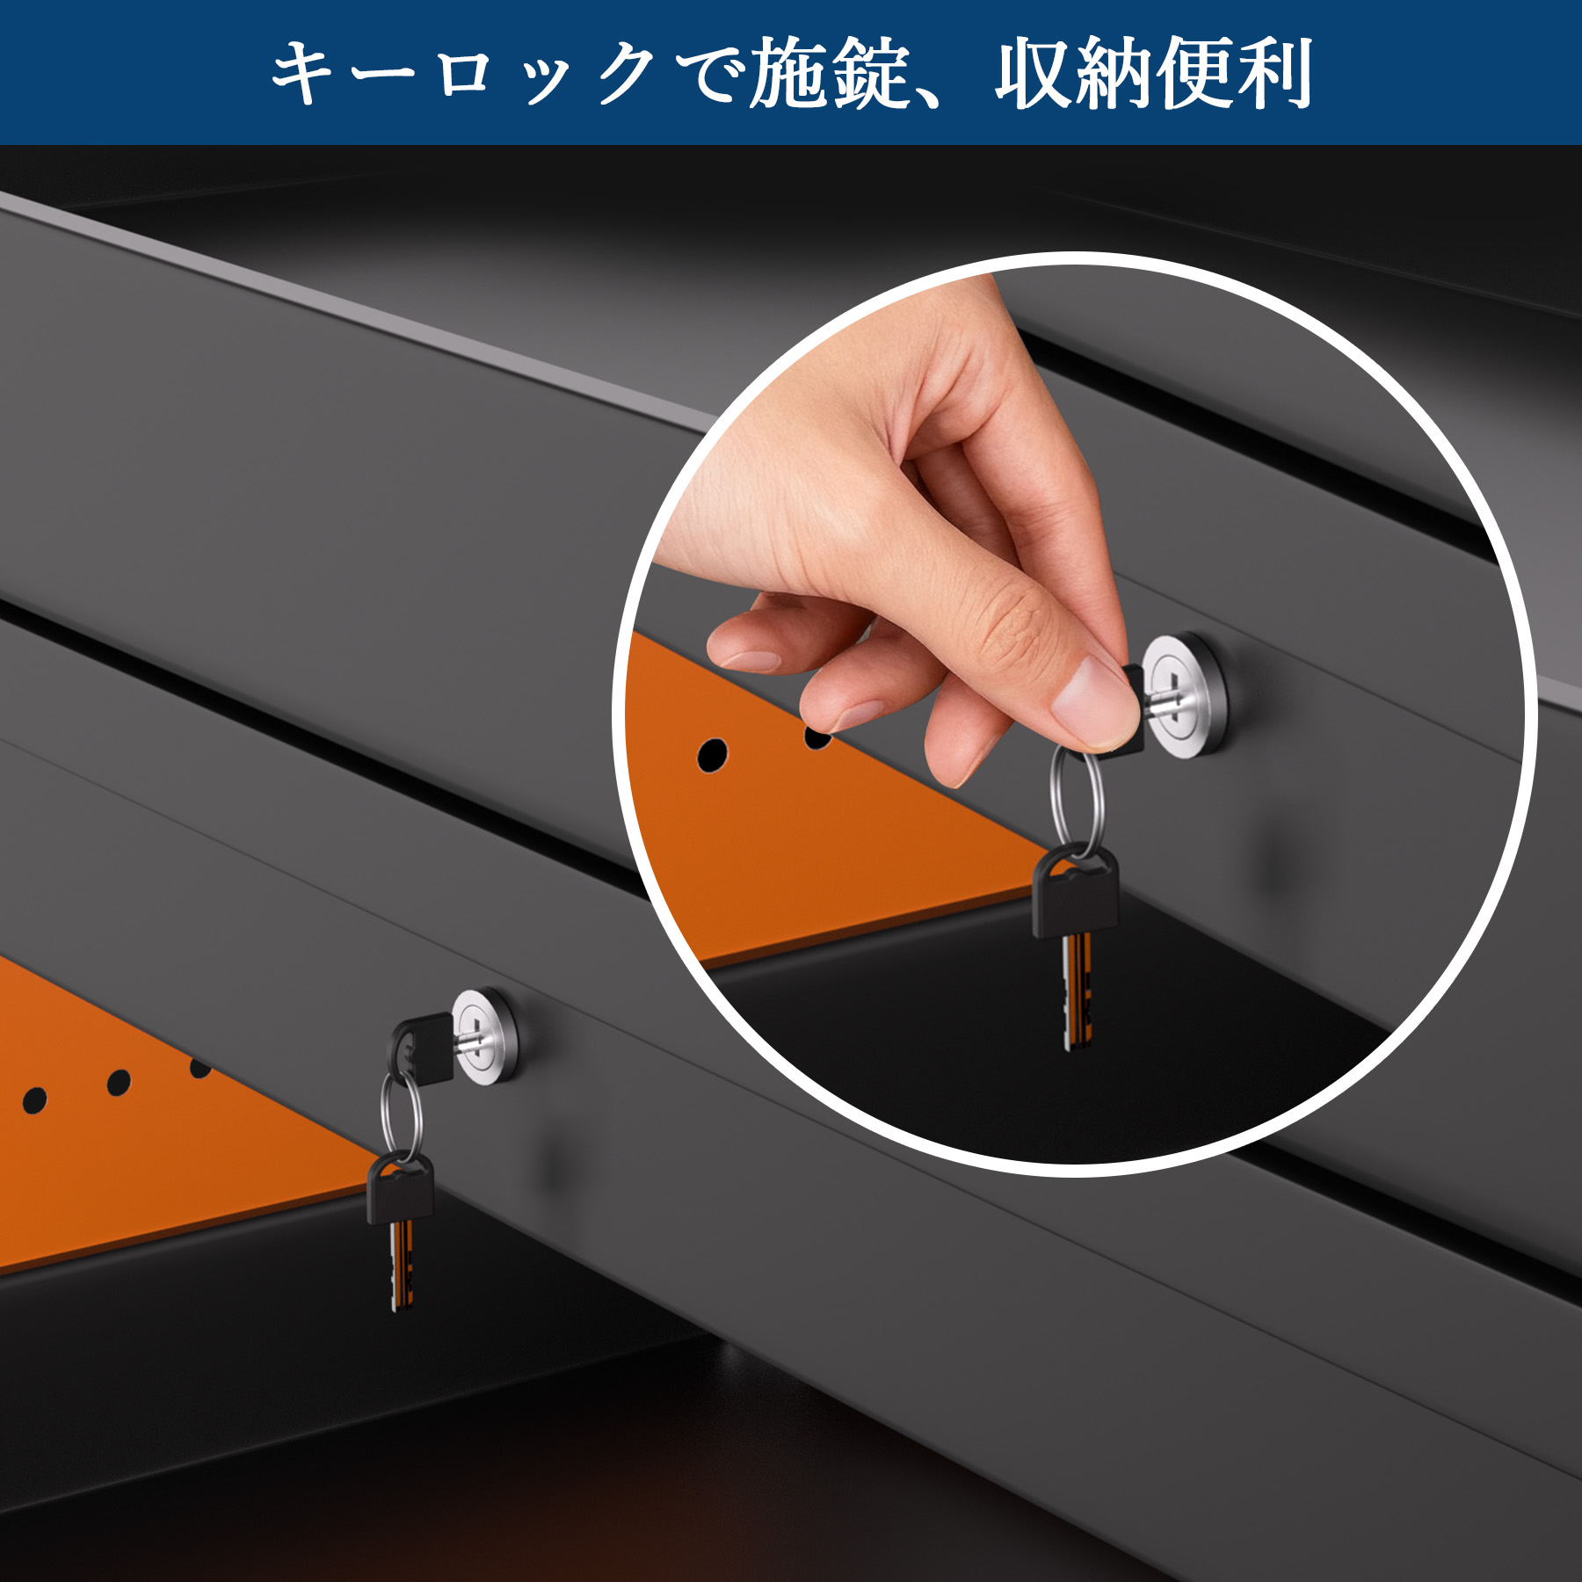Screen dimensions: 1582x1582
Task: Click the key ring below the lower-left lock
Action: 402,1115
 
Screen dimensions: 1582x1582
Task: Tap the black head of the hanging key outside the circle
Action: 401,1188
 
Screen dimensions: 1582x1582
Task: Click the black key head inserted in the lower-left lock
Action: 423,1046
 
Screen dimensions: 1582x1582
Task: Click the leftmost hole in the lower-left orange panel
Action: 34,1099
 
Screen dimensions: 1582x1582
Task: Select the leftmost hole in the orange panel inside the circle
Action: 712,754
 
